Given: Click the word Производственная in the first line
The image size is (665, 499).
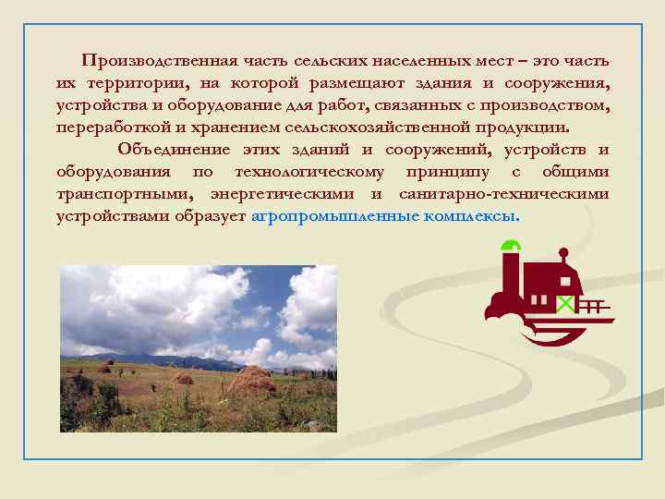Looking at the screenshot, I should [160, 62].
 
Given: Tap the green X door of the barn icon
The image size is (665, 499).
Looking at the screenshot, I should [563, 302].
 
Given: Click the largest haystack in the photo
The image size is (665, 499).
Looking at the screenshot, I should [250, 379].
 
